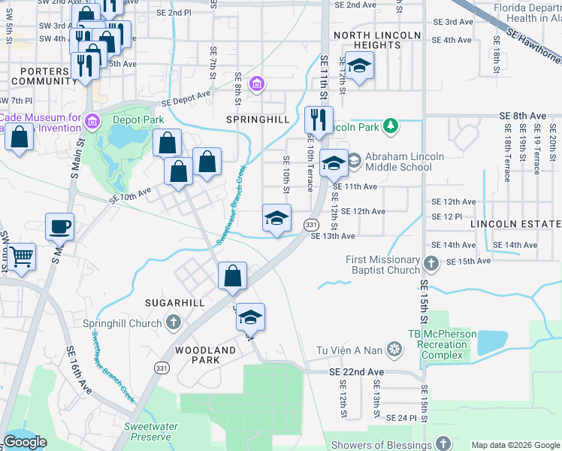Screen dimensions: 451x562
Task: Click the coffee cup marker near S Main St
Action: pyautogui.click(x=59, y=226)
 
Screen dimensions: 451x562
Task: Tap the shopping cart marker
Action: pyautogui.click(x=22, y=256)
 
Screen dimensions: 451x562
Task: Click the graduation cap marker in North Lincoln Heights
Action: pyautogui.click(x=359, y=65)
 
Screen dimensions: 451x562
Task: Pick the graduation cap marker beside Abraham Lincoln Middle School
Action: pyautogui.click(x=333, y=162)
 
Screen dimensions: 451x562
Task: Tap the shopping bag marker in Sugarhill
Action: pyautogui.click(x=233, y=276)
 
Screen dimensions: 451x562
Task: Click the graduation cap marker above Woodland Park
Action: pyautogui.click(x=251, y=316)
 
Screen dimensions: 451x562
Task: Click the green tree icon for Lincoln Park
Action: pyautogui.click(x=390, y=126)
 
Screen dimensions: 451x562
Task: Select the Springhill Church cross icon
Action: pyautogui.click(x=174, y=324)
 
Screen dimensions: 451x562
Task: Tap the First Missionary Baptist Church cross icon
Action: pyautogui.click(x=431, y=264)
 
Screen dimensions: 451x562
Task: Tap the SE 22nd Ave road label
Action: pyautogui.click(x=356, y=372)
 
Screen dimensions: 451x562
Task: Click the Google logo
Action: pyautogui.click(x=25, y=442)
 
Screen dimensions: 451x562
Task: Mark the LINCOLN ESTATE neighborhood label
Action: pyautogui.click(x=515, y=224)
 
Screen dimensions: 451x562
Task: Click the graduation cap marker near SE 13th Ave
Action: pyautogui.click(x=276, y=218)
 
